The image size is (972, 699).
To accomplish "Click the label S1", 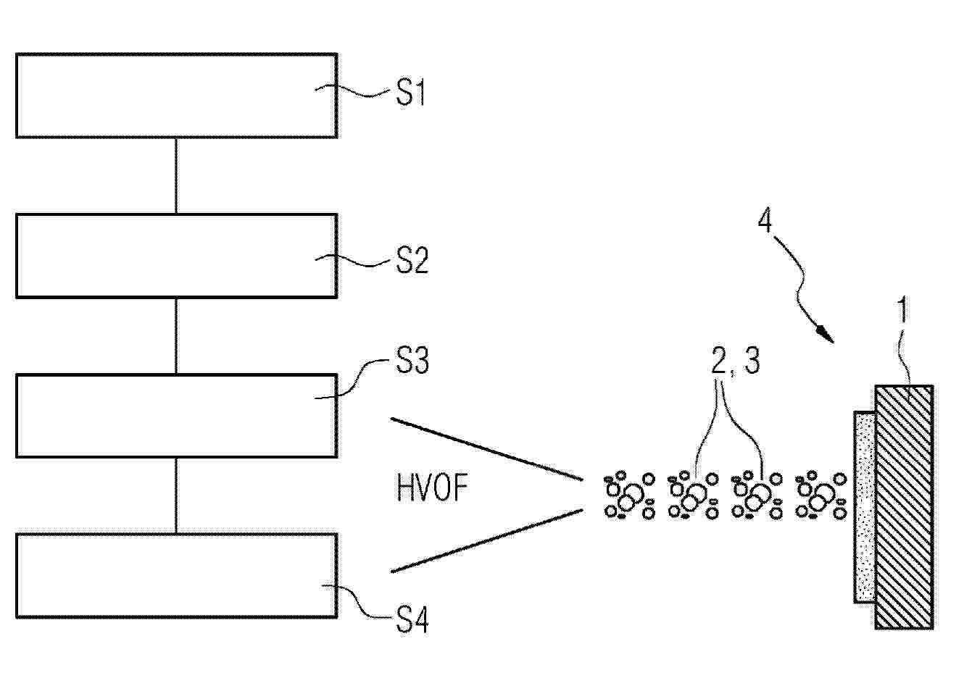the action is click(410, 93).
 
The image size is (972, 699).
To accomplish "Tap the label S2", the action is click(412, 260).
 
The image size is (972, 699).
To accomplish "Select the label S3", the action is click(412, 360).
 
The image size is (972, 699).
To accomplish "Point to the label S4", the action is click(412, 621).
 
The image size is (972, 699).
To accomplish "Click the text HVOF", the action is click(432, 487).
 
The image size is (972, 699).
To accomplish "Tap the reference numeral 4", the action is click(765, 220).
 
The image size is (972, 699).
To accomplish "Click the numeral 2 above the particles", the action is click(718, 361).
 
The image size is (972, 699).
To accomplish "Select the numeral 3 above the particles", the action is click(752, 361).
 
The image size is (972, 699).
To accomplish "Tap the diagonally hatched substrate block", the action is click(904, 506).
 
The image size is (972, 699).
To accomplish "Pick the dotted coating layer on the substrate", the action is click(865, 506).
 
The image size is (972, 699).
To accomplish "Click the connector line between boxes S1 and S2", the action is click(175, 175).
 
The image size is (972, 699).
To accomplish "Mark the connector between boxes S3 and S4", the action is click(175, 495).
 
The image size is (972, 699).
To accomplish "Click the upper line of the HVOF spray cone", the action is click(486, 449).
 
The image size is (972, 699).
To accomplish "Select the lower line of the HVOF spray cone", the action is click(486, 541).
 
